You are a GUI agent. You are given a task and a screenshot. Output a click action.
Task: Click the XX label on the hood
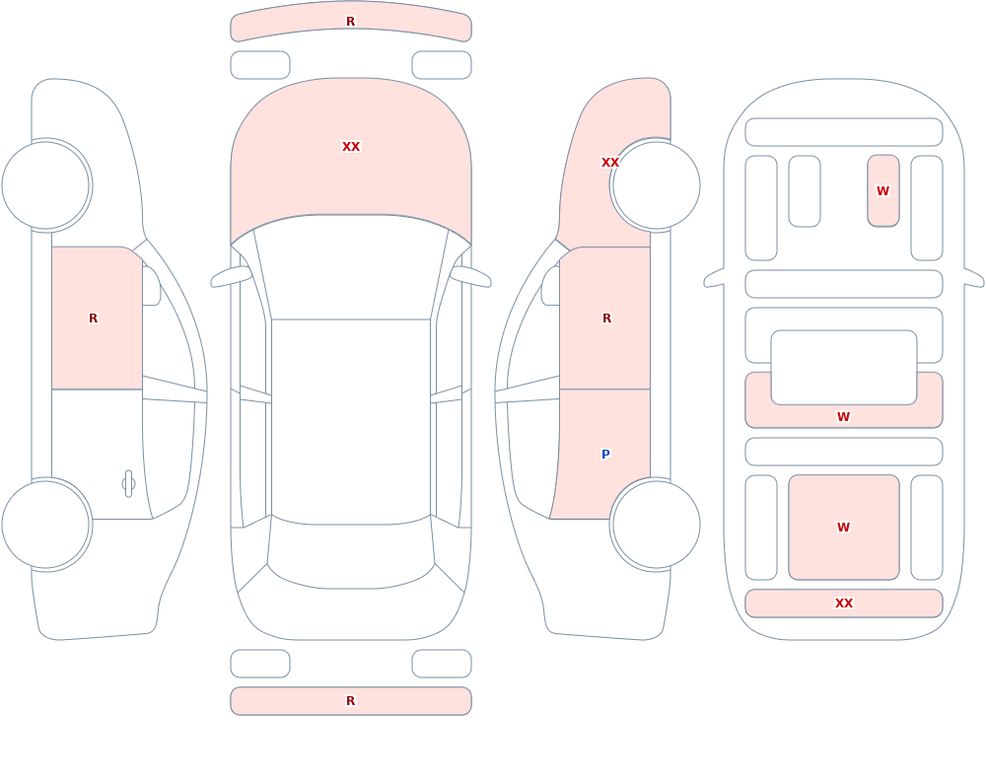(x=351, y=147)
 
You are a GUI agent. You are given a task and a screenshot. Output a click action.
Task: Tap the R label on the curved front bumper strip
(x=351, y=22)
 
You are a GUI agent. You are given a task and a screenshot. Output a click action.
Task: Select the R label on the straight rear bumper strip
(x=351, y=701)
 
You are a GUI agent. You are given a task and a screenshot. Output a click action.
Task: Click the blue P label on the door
(x=605, y=455)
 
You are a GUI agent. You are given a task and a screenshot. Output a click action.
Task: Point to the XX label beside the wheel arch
(x=610, y=163)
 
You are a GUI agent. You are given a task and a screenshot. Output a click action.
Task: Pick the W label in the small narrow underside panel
(x=882, y=190)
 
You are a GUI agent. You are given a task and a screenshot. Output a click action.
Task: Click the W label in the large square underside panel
(x=843, y=528)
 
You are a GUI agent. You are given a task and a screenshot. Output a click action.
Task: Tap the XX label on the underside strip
(x=844, y=603)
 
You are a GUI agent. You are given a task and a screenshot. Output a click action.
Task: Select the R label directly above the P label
(x=606, y=319)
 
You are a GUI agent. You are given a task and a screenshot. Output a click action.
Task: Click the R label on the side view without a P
(x=93, y=319)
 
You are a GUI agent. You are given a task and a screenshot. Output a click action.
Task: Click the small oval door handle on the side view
(x=128, y=484)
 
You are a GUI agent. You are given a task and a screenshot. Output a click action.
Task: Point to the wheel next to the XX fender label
(x=656, y=185)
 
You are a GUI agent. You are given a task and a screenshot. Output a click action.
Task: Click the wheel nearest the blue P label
(x=656, y=524)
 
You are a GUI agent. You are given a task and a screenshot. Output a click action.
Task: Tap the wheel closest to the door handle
(x=45, y=524)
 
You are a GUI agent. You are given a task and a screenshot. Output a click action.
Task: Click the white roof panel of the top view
(x=351, y=421)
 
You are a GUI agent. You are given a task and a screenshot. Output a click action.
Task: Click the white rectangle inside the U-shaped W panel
(x=844, y=368)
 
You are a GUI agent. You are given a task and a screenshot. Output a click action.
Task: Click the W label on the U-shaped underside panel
(x=843, y=416)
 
